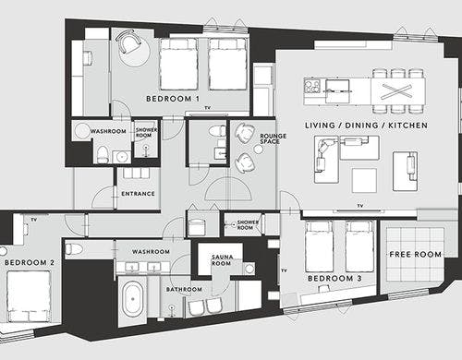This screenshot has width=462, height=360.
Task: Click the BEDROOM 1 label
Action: tap(173, 99)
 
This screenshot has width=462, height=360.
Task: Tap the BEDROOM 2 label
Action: tap(30, 263)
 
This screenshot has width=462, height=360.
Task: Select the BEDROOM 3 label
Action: tap(334, 279)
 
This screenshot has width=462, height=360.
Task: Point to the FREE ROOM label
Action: tap(416, 255)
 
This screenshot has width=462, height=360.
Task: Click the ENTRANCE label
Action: tap(138, 194)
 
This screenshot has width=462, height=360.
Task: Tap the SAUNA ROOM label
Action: tap(222, 260)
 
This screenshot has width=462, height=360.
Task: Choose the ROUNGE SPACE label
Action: tap(273, 138)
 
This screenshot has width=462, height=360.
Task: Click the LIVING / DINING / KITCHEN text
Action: tap(366, 126)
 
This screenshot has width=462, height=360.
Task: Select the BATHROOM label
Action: tap(184, 290)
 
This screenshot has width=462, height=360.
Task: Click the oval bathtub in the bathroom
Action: tap(133, 299)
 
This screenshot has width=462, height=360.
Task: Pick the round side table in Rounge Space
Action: tap(259, 149)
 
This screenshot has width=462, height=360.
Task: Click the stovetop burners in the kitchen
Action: tap(312, 86)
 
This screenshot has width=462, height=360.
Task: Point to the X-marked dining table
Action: tap(398, 91)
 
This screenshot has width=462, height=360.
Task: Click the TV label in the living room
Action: tap(360, 206)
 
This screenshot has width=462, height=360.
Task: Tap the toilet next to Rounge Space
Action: tap(217, 131)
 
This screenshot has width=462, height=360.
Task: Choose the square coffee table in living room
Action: tap(364, 180)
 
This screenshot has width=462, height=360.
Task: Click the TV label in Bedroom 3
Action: tap(285, 270)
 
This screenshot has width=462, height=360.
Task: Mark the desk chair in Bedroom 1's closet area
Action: tap(88, 58)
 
